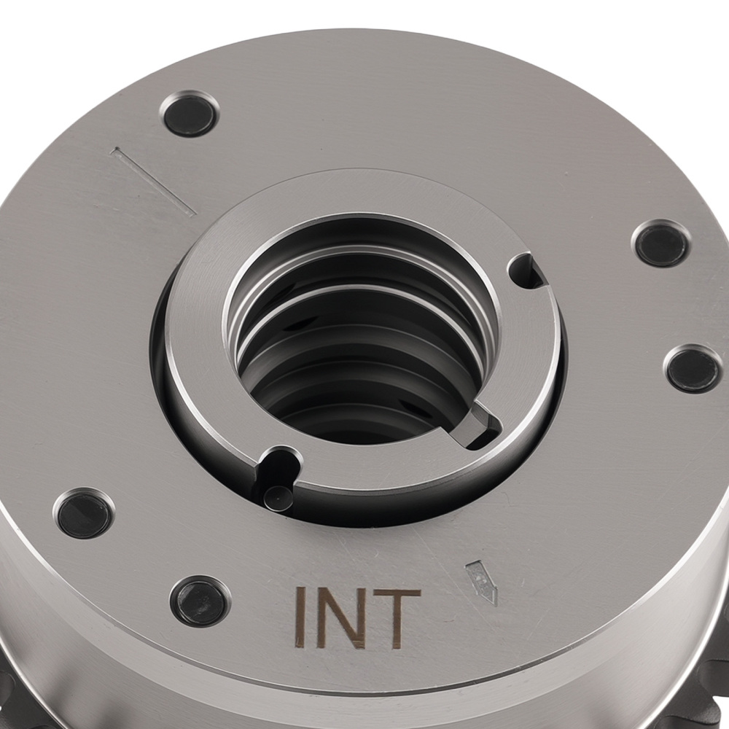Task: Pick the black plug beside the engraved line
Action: click(x=190, y=114)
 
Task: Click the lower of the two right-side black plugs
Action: click(x=693, y=370)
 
